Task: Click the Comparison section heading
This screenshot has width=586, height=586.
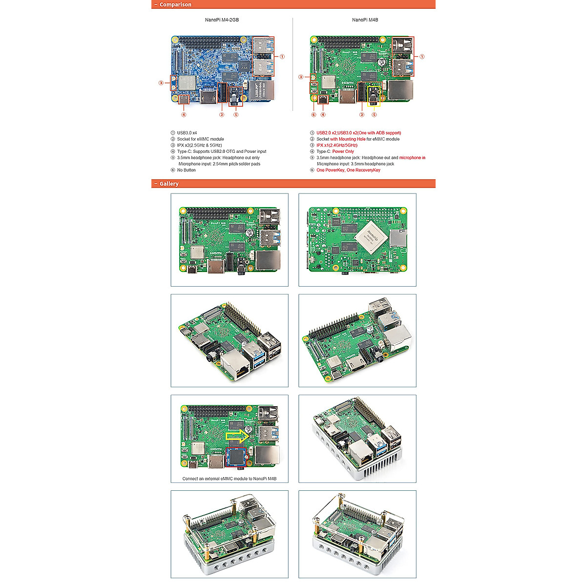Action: tap(175, 4)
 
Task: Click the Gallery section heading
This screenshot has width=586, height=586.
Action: tap(169, 184)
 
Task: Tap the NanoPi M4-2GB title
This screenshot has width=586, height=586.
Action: tap(222, 20)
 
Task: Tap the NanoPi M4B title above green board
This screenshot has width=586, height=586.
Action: tap(365, 20)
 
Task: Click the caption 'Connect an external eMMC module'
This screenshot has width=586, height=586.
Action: tap(229, 479)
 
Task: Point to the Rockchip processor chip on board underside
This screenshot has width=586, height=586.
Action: tap(370, 236)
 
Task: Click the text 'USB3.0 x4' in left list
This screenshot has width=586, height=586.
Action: tap(187, 133)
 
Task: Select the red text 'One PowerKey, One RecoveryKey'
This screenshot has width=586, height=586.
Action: tap(348, 170)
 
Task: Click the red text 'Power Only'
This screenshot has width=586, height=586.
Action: tap(343, 151)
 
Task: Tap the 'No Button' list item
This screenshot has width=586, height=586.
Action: tap(186, 170)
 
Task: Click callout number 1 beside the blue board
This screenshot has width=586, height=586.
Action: tap(282, 57)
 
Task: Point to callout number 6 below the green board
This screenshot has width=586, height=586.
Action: tap(314, 115)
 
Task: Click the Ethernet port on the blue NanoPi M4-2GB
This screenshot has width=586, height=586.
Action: tap(262, 91)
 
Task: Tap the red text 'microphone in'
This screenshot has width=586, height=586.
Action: tap(412, 158)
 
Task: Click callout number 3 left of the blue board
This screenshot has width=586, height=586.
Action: tap(161, 83)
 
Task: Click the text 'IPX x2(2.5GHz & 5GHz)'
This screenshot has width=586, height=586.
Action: tap(199, 145)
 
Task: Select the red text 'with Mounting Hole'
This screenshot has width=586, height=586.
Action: tap(348, 139)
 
